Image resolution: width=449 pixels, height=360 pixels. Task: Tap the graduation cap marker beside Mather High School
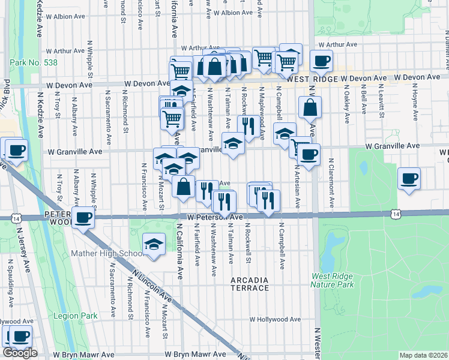pyautogui.click(x=154, y=244)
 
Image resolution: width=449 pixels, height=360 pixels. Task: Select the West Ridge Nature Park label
pyautogui.click(x=332, y=280)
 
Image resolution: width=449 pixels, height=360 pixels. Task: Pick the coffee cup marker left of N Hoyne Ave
pyautogui.click(x=409, y=178)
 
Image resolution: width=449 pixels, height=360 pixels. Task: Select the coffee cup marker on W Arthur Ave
pyautogui.click(x=321, y=60)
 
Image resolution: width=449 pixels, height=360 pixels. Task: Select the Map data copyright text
pyautogui.click(x=423, y=355)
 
